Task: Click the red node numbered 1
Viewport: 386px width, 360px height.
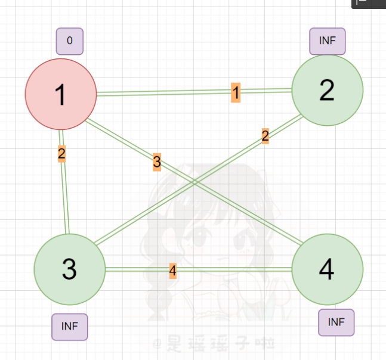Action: click(60, 94)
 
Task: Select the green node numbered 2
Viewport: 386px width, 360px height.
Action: click(327, 90)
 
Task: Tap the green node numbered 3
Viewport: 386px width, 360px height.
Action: click(70, 269)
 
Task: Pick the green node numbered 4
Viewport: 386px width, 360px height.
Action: click(327, 269)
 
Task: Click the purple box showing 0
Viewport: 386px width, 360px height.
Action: click(70, 41)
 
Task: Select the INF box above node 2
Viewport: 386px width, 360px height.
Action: click(328, 41)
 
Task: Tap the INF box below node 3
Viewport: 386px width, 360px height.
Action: click(69, 327)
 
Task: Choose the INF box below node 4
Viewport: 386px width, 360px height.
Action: click(336, 322)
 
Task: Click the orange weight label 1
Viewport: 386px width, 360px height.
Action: click(236, 92)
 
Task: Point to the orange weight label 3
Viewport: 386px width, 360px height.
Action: click(156, 161)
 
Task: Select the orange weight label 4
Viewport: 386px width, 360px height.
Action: click(172, 271)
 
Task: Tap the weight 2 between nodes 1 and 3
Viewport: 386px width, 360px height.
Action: click(61, 154)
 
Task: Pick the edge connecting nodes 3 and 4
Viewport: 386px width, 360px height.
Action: click(239, 269)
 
